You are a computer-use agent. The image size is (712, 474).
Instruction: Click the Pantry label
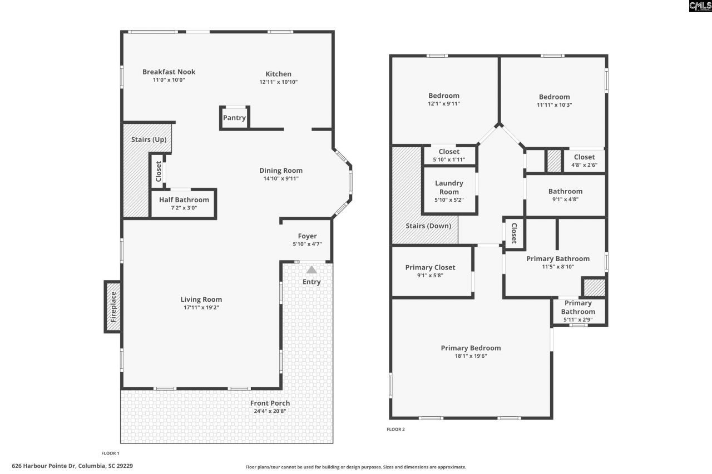(x=234, y=118)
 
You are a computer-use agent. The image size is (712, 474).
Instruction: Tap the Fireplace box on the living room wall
(x=113, y=307)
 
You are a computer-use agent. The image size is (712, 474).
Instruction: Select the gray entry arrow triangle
(x=312, y=270)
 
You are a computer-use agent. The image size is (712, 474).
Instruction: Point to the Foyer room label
(x=307, y=236)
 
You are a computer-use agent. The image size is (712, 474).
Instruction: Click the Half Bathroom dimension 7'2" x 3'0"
(x=184, y=208)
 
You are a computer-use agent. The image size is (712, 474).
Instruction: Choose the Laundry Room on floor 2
(x=449, y=188)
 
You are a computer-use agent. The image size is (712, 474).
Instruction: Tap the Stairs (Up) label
(x=149, y=139)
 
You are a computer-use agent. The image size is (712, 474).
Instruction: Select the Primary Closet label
(x=430, y=267)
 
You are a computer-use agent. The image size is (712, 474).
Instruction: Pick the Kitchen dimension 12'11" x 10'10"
(x=278, y=82)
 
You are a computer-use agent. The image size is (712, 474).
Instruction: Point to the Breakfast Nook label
(x=169, y=72)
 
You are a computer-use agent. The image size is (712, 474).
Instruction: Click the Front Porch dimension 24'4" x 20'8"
(x=270, y=411)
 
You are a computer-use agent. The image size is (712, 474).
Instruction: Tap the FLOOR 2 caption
(x=395, y=429)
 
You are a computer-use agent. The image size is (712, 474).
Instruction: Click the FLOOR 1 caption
(x=110, y=453)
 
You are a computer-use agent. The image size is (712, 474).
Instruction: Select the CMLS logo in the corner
(x=700, y=6)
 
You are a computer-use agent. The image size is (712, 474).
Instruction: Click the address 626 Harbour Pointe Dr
(x=72, y=466)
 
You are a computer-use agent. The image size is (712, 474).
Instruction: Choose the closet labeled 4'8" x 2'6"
(x=584, y=161)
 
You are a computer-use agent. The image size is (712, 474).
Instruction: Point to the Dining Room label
(x=281, y=171)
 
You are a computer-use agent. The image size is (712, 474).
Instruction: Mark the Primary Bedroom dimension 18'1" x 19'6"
(x=471, y=356)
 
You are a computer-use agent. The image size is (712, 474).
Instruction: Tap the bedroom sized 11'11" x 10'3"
(x=554, y=101)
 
